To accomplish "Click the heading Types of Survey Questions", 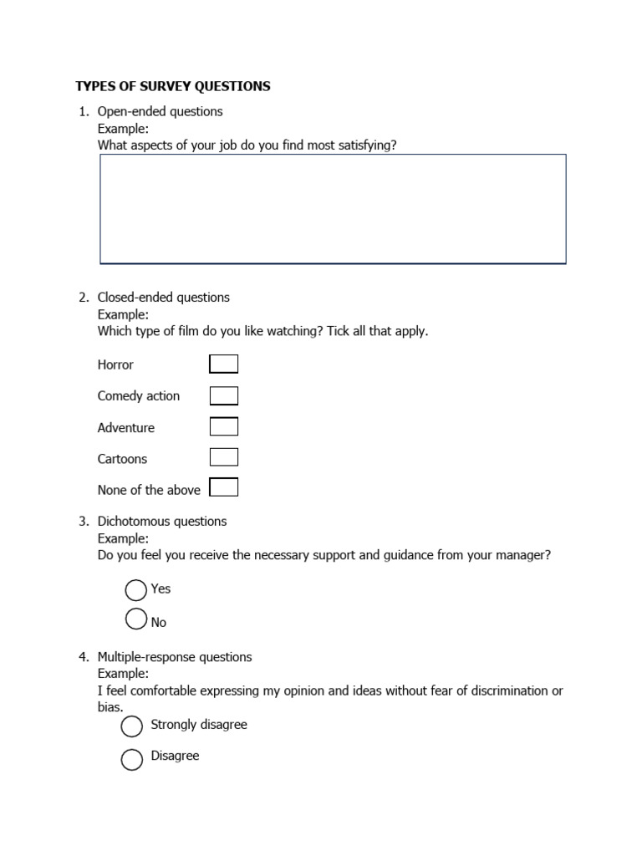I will pyautogui.click(x=173, y=86).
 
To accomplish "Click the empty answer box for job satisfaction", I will pyautogui.click(x=333, y=208).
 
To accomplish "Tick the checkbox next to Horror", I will pyautogui.click(x=223, y=364).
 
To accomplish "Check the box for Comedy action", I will pyautogui.click(x=223, y=395).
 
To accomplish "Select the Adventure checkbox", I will pyautogui.click(x=223, y=426).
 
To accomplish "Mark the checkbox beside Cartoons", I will pyautogui.click(x=223, y=457).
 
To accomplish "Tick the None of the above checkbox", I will pyautogui.click(x=223, y=487).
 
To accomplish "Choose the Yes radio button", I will pyautogui.click(x=135, y=590).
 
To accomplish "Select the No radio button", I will pyautogui.click(x=135, y=619).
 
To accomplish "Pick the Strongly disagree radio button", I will pyautogui.click(x=132, y=726).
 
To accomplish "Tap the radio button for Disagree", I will pyautogui.click(x=132, y=759).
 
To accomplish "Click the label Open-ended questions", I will pyautogui.click(x=160, y=111).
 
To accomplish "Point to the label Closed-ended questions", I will pyautogui.click(x=163, y=297).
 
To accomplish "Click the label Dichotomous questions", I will pyautogui.click(x=161, y=521).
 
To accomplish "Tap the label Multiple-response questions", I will pyautogui.click(x=174, y=657).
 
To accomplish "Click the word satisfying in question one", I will pyautogui.click(x=366, y=145).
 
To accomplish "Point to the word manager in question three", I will pyautogui.click(x=524, y=555).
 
